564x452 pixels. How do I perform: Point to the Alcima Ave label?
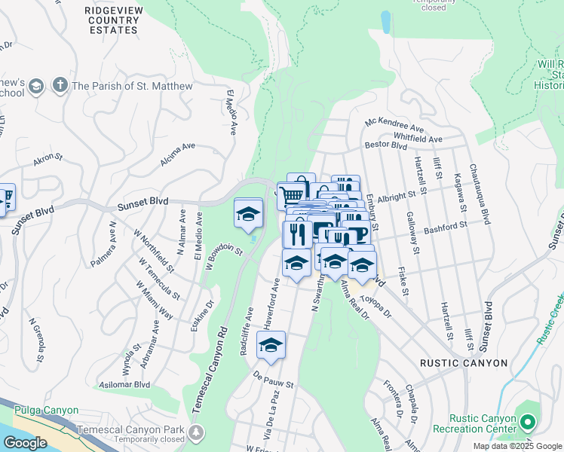click(177, 155)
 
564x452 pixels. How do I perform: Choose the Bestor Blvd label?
click(386, 144)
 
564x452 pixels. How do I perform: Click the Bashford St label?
click(446, 224)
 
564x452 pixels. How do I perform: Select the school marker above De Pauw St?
click(270, 346)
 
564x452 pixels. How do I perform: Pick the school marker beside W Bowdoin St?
click(247, 213)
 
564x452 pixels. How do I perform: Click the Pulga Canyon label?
click(46, 411)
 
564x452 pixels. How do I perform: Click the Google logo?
click(25, 443)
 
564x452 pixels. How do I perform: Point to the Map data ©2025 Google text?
click(516, 446)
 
